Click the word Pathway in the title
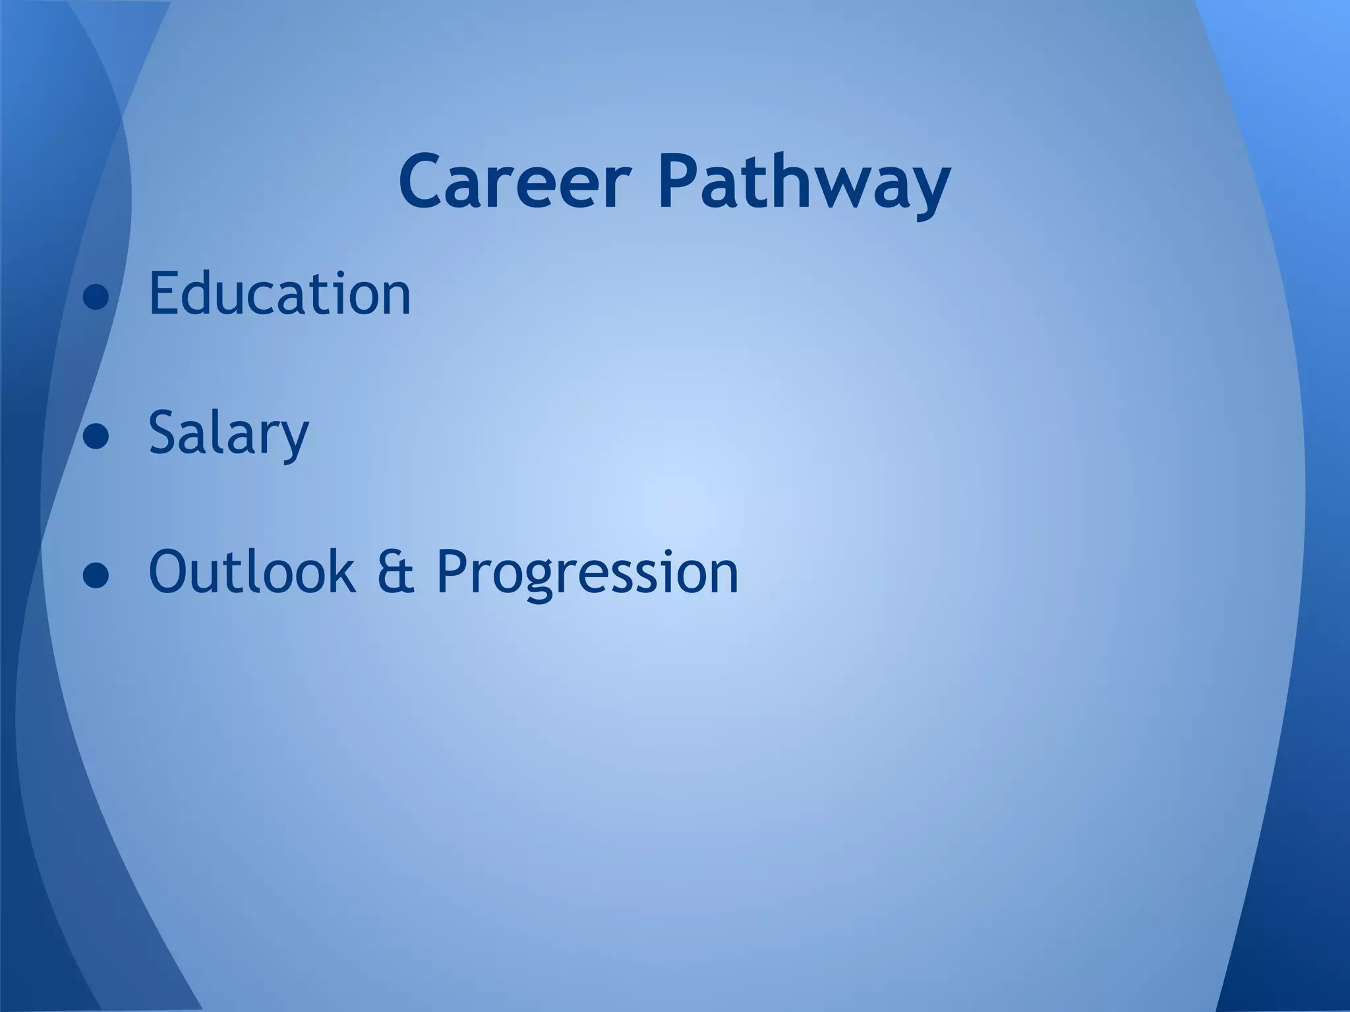[804, 182]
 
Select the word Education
[279, 293]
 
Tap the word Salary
[229, 434]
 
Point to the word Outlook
[252, 571]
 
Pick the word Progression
[587, 573]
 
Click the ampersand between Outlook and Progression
[396, 571]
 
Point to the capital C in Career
[425, 181]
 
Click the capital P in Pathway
[681, 181]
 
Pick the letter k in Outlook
[341, 570]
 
